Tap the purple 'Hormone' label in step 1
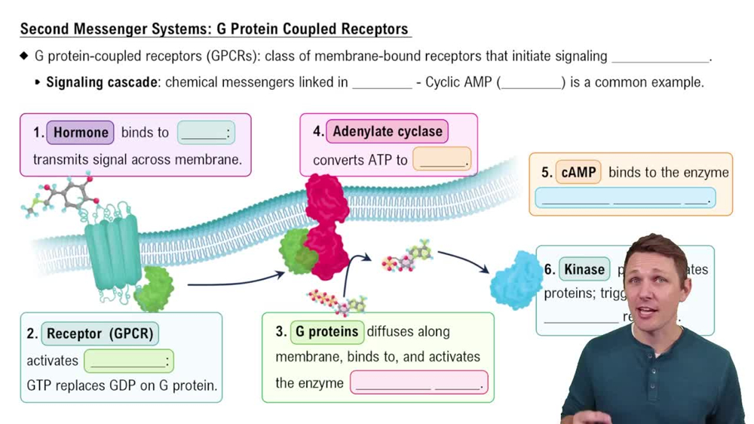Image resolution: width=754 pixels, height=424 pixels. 81,133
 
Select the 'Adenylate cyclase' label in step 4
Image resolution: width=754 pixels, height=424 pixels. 388,131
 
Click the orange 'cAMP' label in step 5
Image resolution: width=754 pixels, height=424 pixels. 578,173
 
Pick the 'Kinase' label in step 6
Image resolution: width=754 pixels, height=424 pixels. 584,269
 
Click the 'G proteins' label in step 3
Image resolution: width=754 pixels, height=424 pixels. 326,332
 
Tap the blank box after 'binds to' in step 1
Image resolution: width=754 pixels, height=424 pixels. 206,134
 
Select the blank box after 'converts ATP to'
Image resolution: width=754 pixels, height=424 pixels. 442,160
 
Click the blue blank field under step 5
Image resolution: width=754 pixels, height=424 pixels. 625,198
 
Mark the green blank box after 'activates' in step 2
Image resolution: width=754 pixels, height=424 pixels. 128,361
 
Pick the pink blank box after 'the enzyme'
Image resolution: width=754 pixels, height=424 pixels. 418,383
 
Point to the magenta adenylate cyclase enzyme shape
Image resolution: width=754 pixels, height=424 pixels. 326,226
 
